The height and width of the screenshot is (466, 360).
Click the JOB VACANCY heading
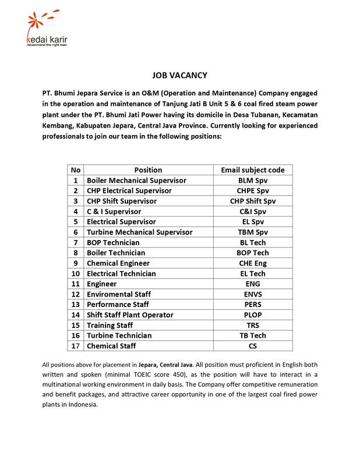(x=179, y=75)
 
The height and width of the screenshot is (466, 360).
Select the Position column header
(x=148, y=170)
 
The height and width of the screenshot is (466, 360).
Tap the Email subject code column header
(x=253, y=170)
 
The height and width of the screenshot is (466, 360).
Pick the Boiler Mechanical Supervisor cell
(x=137, y=181)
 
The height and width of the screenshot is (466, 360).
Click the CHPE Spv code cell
(x=253, y=190)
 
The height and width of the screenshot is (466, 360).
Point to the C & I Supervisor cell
(x=114, y=211)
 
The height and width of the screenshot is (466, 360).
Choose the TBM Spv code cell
(x=253, y=232)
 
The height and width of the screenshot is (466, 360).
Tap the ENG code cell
(x=253, y=284)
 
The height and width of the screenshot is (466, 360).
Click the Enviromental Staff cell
(x=119, y=294)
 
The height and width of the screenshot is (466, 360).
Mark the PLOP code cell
(x=253, y=315)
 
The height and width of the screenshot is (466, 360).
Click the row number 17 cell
(x=76, y=346)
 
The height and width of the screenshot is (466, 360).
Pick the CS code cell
(x=253, y=346)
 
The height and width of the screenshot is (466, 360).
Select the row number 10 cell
(x=76, y=273)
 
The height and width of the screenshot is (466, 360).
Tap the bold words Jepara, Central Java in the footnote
(x=167, y=364)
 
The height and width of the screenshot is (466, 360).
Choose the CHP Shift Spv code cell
(x=253, y=201)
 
